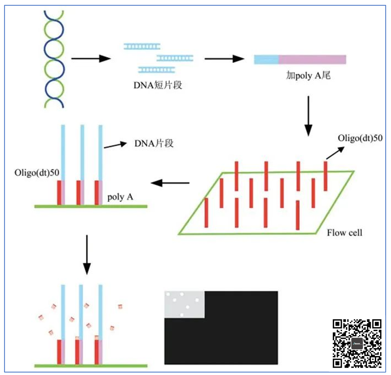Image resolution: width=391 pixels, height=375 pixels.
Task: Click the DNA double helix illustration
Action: pyautogui.click(x=54, y=59)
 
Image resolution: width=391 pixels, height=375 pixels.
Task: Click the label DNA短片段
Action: pyautogui.click(x=157, y=85)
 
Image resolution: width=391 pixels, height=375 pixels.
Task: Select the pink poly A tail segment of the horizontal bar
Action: pyautogui.click(x=312, y=59)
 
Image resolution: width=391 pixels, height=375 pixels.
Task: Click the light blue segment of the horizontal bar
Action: pyautogui.click(x=266, y=59)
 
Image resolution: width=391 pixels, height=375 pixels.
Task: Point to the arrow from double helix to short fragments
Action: pyautogui.click(x=90, y=59)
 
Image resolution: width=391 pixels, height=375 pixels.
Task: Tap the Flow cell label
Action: pyautogui.click(x=344, y=233)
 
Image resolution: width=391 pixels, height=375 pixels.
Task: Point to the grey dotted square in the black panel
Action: pyautogui.click(x=184, y=304)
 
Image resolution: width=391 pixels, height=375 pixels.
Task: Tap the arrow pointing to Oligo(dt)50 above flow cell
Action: pyautogui.click(x=335, y=153)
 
